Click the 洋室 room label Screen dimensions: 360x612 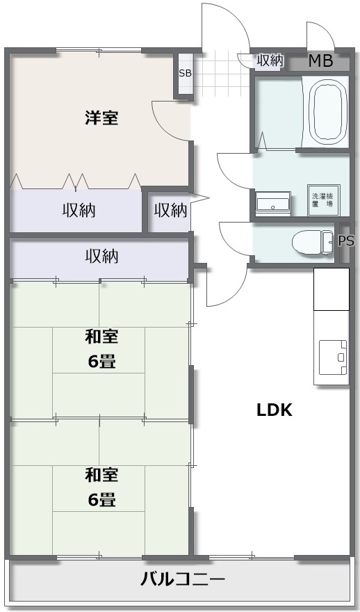(101, 118)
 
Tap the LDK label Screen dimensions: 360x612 (275, 410)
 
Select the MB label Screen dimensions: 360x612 (320, 61)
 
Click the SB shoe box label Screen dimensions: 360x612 (186, 73)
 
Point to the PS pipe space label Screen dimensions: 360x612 (346, 241)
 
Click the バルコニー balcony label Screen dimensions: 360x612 (183, 579)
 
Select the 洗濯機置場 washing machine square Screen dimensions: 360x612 (323, 200)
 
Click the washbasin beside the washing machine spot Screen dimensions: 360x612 (273, 202)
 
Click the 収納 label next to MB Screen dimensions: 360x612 (270, 61)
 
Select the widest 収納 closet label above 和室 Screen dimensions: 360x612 (101, 257)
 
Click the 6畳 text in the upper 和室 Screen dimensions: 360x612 (101, 362)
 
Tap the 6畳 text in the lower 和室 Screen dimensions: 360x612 (101, 499)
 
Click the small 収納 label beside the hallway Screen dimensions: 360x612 (170, 211)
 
